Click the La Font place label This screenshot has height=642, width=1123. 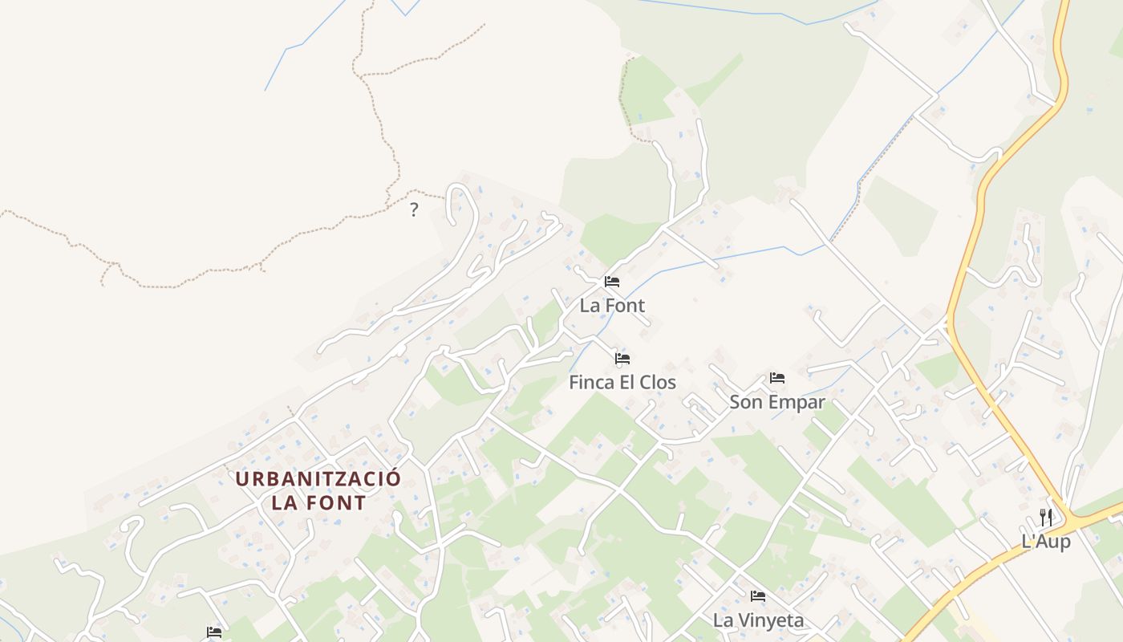[612, 306]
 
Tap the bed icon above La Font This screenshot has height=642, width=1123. [612, 282]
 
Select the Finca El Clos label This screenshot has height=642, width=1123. [622, 383]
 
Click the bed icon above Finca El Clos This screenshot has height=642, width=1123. [622, 358]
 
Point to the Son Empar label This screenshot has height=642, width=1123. [776, 402]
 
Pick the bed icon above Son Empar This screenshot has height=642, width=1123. [776, 377]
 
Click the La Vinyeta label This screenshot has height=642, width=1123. [758, 620]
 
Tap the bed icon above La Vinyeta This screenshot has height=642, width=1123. [757, 596]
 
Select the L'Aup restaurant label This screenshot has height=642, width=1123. [1046, 542]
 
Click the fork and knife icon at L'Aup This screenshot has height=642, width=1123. [1046, 517]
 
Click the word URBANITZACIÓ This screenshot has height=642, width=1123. [318, 480]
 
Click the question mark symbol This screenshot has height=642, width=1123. [414, 210]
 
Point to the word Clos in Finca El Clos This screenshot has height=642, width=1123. [658, 383]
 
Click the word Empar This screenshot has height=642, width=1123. [793, 402]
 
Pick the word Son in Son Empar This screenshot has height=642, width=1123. [744, 402]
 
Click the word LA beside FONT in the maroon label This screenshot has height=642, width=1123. [284, 504]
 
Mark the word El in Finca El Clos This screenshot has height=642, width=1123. [627, 383]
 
